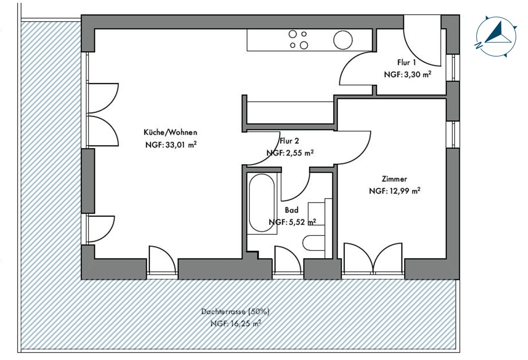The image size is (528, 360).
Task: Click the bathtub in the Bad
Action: tap(262, 203)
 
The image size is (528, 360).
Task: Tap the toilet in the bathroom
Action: tap(313, 243)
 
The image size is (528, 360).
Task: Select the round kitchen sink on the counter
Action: tap(343, 40)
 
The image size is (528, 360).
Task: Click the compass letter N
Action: tap(478, 45)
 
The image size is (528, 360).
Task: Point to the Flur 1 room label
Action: tap(407, 62)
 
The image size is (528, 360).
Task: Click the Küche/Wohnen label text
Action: tap(170, 132)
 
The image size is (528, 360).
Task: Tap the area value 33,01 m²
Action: tap(181, 144)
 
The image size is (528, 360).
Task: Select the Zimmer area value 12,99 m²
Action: tap(405, 191)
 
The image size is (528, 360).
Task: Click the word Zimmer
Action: tap(394, 179)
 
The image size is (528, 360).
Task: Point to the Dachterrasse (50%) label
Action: tap(235, 312)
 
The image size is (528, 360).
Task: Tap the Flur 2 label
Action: tap(289, 141)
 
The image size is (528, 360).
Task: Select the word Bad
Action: tap(292, 210)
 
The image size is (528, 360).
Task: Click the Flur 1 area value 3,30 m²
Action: tap(418, 74)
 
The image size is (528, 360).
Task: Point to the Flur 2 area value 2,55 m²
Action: tap(300, 153)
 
